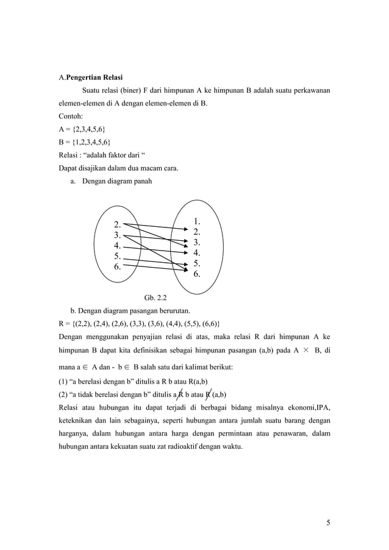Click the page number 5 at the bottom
tap(328, 523)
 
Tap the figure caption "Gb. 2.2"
tap(155, 298)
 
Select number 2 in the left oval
tap(117, 224)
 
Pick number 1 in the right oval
tap(197, 221)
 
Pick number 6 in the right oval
tap(197, 274)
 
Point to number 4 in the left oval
tap(117, 246)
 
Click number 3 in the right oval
tap(197, 242)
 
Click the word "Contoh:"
tap(72, 116)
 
